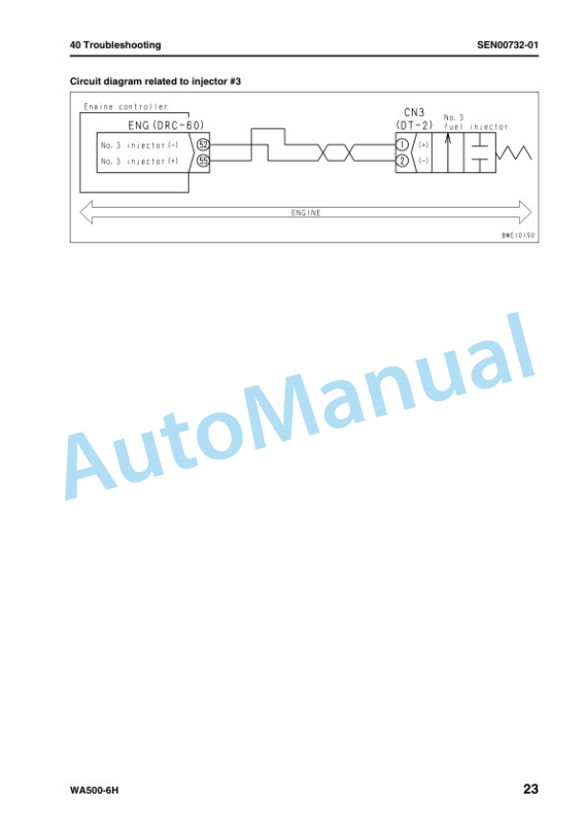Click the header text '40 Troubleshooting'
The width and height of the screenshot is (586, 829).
(115, 45)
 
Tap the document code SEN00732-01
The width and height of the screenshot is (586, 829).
(507, 45)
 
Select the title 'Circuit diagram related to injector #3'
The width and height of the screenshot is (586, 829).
(155, 81)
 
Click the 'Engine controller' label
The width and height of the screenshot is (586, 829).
(125, 107)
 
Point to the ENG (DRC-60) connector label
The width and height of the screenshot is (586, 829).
(166, 125)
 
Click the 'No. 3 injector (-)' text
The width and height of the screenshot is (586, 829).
(140, 146)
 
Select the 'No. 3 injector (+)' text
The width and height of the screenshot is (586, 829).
(140, 161)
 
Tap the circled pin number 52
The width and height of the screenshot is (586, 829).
(203, 145)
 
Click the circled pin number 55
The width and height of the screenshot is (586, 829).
(203, 161)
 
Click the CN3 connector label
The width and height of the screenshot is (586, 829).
(414, 113)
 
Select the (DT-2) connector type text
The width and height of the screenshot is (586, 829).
(414, 125)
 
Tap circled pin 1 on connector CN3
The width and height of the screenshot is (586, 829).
(402, 145)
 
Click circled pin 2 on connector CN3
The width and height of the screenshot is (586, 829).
(402, 161)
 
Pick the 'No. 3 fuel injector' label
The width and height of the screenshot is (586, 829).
(476, 123)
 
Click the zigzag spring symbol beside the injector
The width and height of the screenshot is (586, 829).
(513, 153)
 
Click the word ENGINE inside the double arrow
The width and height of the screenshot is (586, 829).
(305, 213)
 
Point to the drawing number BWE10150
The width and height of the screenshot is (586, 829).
(518, 235)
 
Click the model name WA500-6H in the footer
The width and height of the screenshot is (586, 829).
(94, 791)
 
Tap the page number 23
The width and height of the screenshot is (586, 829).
(530, 789)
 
